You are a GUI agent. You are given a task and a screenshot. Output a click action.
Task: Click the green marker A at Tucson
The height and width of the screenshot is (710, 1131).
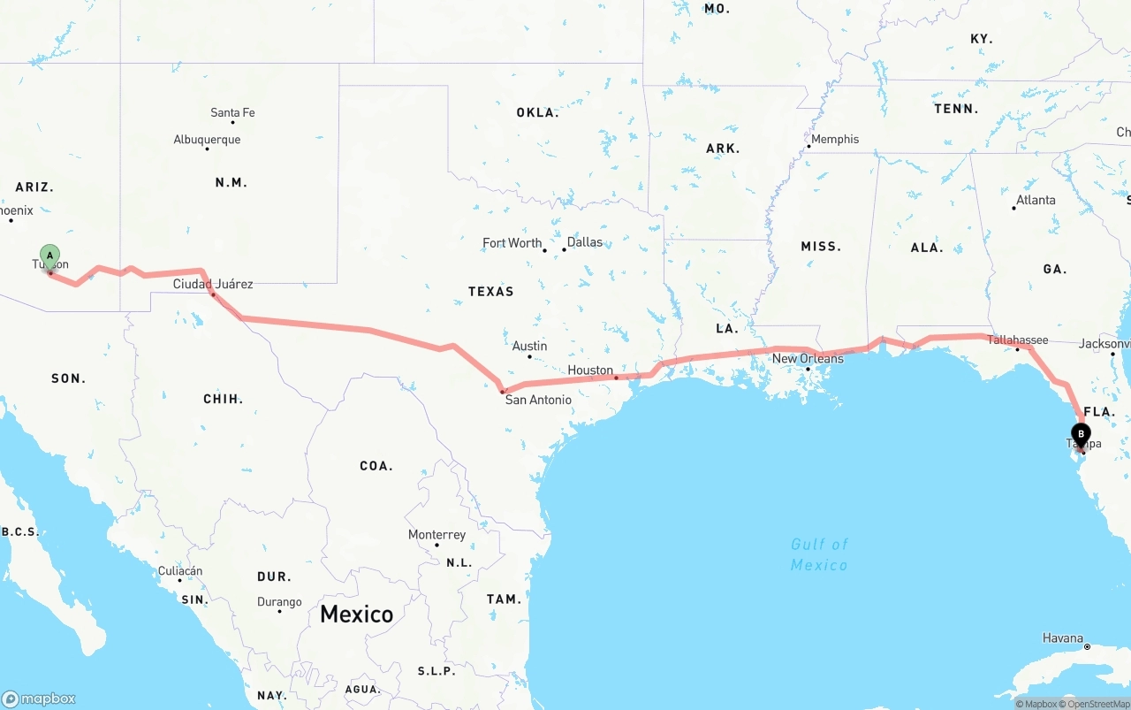point(50,256)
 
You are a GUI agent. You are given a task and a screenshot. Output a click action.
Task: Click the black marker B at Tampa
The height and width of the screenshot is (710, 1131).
point(1081,435)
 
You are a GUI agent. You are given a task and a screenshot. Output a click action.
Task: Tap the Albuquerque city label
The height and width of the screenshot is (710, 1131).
point(207,140)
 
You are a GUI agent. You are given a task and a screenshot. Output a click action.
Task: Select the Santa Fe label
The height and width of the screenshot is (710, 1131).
point(232,112)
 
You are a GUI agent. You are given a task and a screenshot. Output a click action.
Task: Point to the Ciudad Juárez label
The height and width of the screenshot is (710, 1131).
point(213,284)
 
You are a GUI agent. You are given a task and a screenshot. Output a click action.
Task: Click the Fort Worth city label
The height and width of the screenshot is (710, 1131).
point(512,243)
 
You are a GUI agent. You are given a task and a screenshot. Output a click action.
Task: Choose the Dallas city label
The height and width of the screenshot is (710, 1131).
point(584,242)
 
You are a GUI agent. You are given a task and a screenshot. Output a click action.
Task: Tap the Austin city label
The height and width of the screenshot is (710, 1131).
point(529,346)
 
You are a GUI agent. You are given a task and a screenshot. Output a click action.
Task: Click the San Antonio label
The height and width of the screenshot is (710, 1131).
point(538,400)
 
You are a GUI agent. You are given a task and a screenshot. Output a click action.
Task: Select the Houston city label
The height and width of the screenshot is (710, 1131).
point(590,370)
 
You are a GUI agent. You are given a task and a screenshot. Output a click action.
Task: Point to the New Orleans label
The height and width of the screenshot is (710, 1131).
point(808,358)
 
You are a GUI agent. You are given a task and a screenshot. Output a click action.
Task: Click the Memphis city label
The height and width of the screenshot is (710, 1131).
point(835,139)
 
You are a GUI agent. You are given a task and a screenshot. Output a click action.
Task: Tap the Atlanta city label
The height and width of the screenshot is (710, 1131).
point(1036,200)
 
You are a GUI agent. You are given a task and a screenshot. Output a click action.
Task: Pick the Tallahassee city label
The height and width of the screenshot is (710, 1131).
point(1018,340)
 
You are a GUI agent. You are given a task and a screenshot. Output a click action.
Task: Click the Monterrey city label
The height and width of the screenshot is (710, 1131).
point(436,535)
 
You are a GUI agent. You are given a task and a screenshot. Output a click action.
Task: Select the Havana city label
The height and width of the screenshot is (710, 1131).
point(1062,637)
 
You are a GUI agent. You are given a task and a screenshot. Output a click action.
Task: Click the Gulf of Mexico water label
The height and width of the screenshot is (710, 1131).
point(819,554)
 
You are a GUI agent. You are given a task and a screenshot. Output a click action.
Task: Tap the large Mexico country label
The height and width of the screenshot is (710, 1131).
point(357,614)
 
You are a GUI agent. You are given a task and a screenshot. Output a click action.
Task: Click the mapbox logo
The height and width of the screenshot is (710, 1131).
point(39,699)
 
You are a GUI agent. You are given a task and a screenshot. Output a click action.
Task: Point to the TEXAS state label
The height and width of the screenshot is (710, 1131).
point(490,291)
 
